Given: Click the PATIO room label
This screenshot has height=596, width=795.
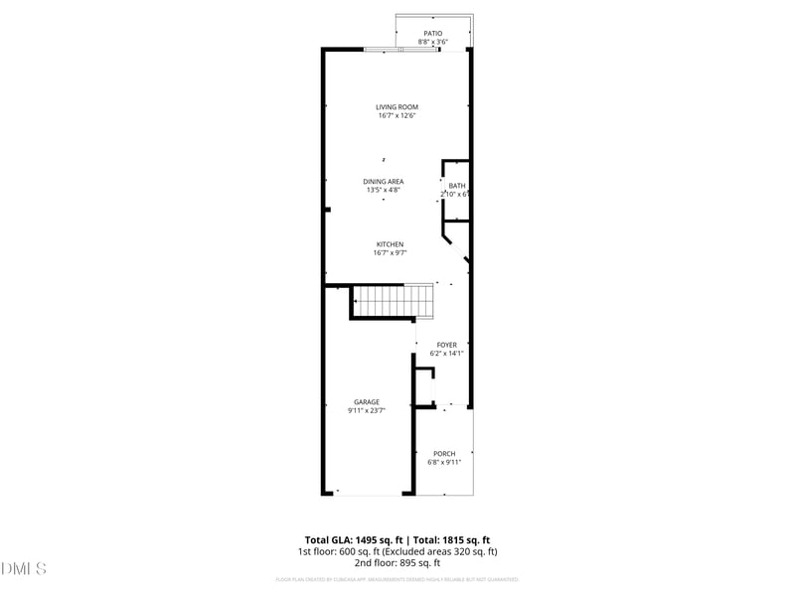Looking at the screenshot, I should pos(432,33).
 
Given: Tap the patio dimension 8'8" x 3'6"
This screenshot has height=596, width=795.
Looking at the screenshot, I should pos(432,42).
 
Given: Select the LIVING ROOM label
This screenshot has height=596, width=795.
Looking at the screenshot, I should pos(397,107).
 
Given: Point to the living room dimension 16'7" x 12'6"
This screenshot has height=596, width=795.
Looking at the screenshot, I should pos(397,116).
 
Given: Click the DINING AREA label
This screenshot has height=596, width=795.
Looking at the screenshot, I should pos(384,181).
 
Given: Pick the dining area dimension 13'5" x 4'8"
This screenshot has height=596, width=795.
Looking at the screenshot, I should pos(384,190).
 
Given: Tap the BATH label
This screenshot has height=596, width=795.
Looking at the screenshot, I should pos(456,186).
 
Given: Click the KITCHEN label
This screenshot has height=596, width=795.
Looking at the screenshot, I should pos(390,244).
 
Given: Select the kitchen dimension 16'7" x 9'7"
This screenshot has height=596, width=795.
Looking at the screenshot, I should pos(390,253).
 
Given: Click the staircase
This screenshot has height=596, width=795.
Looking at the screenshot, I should pos(396,300).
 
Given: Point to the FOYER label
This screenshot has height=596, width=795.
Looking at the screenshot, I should pos(447,345).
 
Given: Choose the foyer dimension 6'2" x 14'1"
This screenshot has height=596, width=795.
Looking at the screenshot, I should pos(447,354).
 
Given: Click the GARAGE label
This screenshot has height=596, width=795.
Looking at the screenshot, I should pos(366,402).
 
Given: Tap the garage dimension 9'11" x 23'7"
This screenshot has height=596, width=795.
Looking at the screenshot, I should pos(366,411).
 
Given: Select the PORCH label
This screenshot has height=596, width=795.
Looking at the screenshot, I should pos(444,453).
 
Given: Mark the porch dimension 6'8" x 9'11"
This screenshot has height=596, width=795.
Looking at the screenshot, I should pos(444,462).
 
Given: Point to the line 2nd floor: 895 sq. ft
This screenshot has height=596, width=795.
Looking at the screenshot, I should pos(397,562).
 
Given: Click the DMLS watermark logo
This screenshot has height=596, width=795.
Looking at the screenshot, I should pos(24,569).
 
